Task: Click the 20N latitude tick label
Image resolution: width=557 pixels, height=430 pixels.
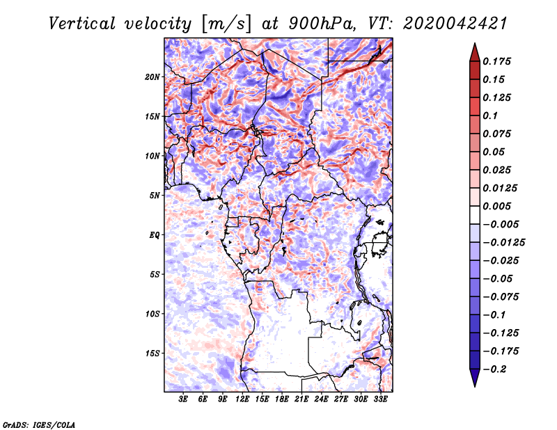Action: [x=152, y=77]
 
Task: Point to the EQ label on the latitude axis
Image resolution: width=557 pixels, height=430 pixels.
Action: [x=154, y=235]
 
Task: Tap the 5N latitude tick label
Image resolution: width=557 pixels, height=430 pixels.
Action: [x=155, y=196]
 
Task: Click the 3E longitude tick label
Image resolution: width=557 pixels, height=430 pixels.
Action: [x=183, y=399]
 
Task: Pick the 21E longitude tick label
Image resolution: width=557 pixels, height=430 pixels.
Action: [x=301, y=399]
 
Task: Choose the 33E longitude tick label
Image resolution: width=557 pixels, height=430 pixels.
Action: [x=380, y=399]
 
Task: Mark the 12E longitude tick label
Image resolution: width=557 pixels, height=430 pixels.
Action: [x=242, y=399]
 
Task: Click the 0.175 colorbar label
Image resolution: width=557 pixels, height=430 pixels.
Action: [x=496, y=61]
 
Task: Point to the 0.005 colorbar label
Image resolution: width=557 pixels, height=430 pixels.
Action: [x=496, y=206]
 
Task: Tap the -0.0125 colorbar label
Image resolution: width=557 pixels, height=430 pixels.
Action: [x=503, y=243]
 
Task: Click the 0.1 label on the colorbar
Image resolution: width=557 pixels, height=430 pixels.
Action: [x=490, y=116]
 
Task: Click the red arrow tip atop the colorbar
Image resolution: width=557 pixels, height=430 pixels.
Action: [x=475, y=43]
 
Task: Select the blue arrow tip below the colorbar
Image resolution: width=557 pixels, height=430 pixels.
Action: [x=475, y=386]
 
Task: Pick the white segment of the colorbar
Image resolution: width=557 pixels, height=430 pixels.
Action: [x=475, y=215]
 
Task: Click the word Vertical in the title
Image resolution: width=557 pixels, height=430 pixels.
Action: [x=82, y=24]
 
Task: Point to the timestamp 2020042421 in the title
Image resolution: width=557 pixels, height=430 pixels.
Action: [x=455, y=24]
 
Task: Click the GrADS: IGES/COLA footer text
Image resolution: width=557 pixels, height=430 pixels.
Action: [x=39, y=425]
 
